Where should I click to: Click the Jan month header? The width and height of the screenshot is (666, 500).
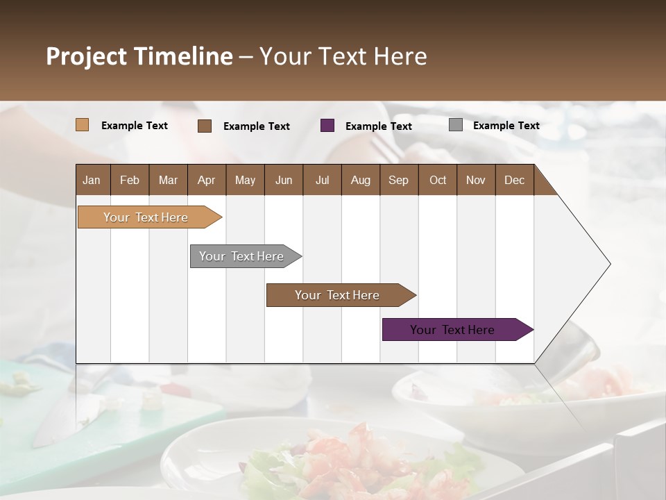[92, 180]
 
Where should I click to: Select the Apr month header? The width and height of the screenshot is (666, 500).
[206, 180]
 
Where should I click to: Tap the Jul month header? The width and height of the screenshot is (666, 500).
[322, 180]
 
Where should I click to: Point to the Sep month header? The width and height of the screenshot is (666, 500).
[398, 180]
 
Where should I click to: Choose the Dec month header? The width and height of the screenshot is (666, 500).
[514, 180]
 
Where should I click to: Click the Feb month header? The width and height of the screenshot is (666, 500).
[130, 180]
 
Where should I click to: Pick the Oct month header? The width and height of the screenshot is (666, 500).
[438, 180]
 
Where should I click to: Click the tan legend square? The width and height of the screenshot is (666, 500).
[82, 125]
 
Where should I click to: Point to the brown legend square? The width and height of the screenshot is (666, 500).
[205, 126]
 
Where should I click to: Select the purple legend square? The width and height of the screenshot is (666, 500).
[327, 125]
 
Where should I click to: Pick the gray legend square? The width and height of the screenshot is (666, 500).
[455, 125]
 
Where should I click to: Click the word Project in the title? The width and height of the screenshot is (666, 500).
[86, 56]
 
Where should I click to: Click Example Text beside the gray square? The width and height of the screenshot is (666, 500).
[506, 126]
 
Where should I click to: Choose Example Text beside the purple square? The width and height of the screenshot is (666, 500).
[378, 126]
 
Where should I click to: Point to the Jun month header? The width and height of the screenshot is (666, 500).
[283, 180]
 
